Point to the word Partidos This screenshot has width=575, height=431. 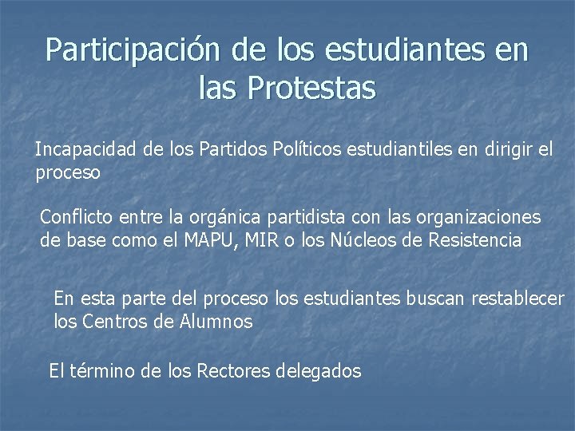[x=236, y=151]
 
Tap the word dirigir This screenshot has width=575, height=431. [x=508, y=151]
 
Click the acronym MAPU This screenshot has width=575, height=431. [x=208, y=240]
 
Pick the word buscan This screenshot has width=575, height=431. [x=437, y=299]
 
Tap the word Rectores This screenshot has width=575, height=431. [x=232, y=371]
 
